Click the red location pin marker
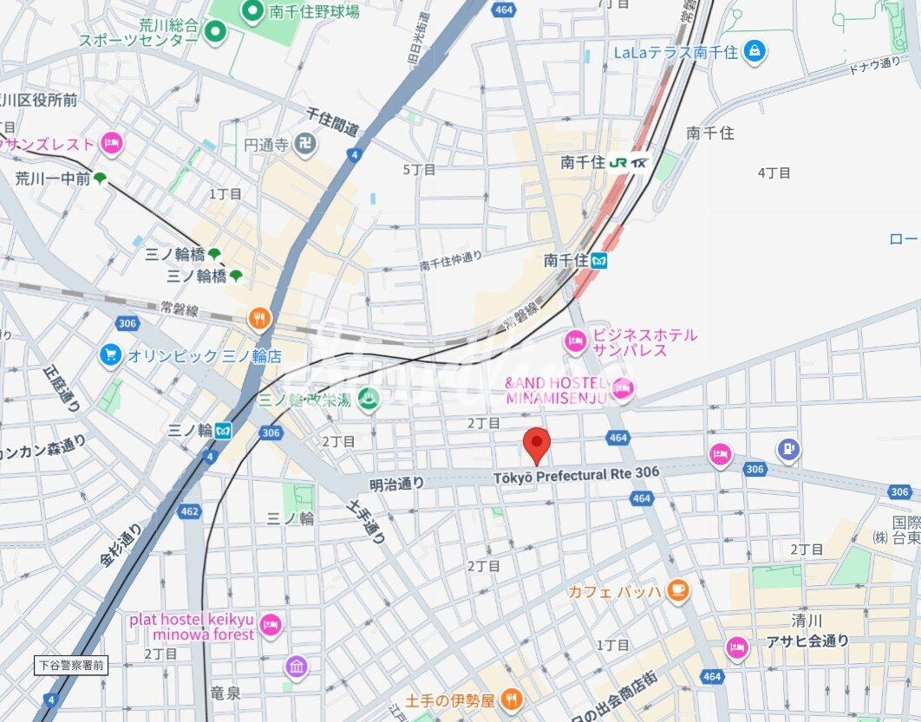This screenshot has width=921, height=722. (539, 445)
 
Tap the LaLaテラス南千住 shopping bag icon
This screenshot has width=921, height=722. (755, 51)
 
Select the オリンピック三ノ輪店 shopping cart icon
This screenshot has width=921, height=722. (110, 355)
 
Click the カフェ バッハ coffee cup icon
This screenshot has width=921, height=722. (677, 591)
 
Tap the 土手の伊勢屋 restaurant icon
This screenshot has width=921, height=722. (512, 699)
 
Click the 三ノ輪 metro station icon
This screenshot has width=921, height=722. (222, 429)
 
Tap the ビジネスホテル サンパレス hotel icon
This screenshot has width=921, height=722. (575, 342)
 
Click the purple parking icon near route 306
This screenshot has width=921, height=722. (788, 448)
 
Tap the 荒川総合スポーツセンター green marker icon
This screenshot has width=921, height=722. (214, 33)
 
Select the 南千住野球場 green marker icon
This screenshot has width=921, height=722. (252, 11)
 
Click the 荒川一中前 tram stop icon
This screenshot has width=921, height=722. (100, 179)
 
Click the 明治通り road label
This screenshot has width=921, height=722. (396, 484)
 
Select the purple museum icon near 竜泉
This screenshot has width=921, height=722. (296, 667)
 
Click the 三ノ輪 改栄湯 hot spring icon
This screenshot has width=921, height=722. (368, 399)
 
